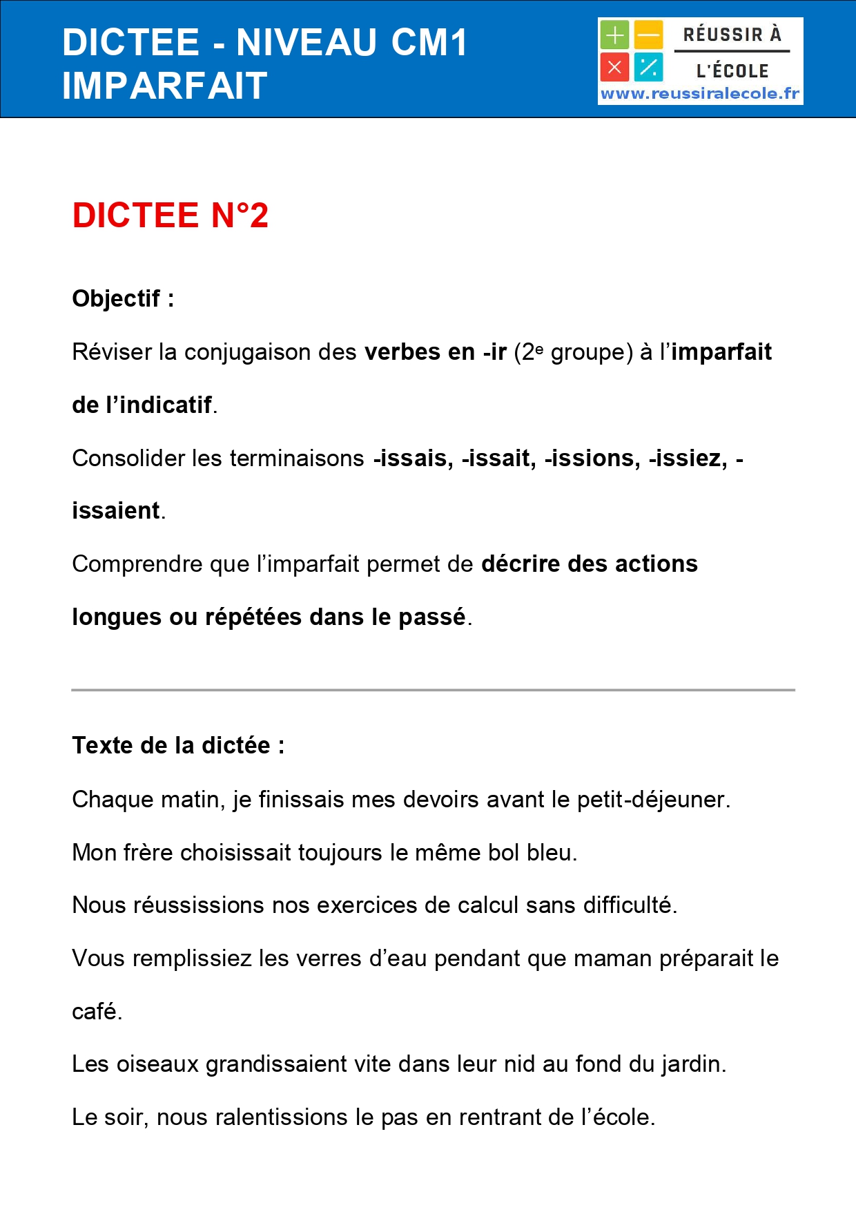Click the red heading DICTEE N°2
click(x=170, y=215)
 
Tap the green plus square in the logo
click(x=614, y=35)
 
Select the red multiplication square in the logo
click(x=614, y=67)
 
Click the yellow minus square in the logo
click(x=648, y=35)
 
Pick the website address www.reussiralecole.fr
click(x=700, y=94)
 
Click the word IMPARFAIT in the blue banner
click(x=164, y=86)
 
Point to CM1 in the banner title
click(x=429, y=43)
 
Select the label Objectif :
click(x=123, y=298)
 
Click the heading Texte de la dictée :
click(x=178, y=745)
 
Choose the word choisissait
click(x=235, y=852)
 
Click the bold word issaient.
click(x=116, y=510)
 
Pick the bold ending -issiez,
click(x=688, y=458)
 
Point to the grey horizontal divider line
click(x=433, y=689)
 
